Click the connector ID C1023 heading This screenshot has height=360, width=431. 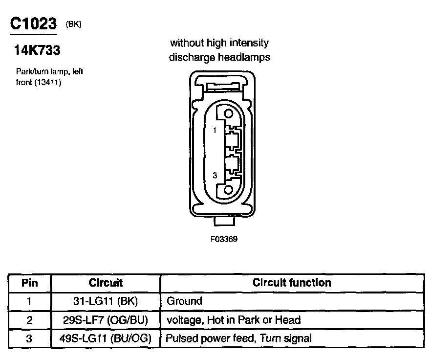tap(33, 24)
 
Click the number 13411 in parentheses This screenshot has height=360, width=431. tap(49, 82)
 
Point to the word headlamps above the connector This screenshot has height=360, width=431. tap(245, 57)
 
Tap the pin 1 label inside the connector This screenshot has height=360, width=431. tap(214, 131)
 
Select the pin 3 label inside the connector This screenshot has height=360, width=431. tap(214, 175)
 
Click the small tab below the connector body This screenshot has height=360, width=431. tap(225, 221)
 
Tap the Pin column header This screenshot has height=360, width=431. tap(30, 283)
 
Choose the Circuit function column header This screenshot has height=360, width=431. tap(292, 283)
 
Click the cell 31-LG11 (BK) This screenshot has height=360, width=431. tap(106, 301)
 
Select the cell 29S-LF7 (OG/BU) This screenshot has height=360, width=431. tap(106, 320)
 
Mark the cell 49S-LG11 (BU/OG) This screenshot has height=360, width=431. tap(106, 338)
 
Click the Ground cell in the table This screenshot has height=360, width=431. tap(184, 301)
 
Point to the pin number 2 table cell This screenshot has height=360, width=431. tap(30, 320)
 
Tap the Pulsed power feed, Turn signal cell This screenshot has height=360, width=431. tap(239, 338)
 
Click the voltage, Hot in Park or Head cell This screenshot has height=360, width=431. tap(234, 320)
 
